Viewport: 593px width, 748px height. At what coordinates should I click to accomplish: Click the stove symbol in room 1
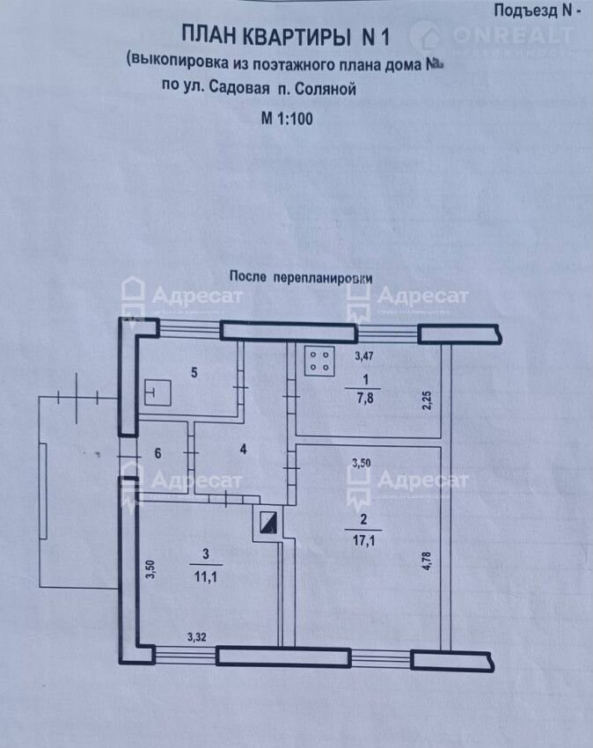point(318,361)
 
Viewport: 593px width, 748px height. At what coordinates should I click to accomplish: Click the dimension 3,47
point(363,357)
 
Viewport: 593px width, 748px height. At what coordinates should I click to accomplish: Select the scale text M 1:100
point(287,115)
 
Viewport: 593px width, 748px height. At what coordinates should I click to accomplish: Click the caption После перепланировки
point(301,275)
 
